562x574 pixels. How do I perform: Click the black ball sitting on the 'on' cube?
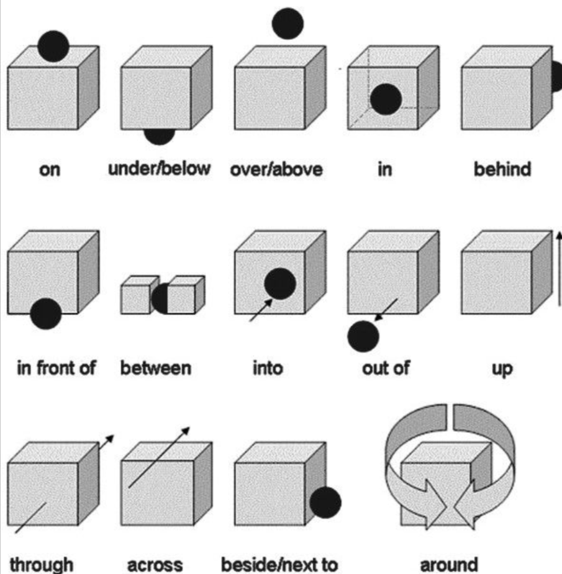[53, 45]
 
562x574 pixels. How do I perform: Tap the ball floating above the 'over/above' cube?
[288, 23]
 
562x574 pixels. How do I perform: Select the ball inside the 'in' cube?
[386, 99]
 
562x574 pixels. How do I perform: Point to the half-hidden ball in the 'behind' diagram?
[556, 78]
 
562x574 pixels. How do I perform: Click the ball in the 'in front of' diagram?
[45, 313]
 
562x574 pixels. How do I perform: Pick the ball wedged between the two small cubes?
[160, 298]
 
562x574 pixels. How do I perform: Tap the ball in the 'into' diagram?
[280, 284]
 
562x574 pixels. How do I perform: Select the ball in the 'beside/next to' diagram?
[325, 503]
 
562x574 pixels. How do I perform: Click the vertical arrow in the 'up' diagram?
[558, 273]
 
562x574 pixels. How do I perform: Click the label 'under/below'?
[159, 169]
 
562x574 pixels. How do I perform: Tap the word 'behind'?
[502, 169]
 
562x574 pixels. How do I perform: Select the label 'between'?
[155, 368]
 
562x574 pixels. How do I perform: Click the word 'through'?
[42, 565]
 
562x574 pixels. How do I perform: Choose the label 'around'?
[449, 565]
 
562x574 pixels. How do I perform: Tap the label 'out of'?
[386, 368]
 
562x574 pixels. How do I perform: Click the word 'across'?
[155, 565]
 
